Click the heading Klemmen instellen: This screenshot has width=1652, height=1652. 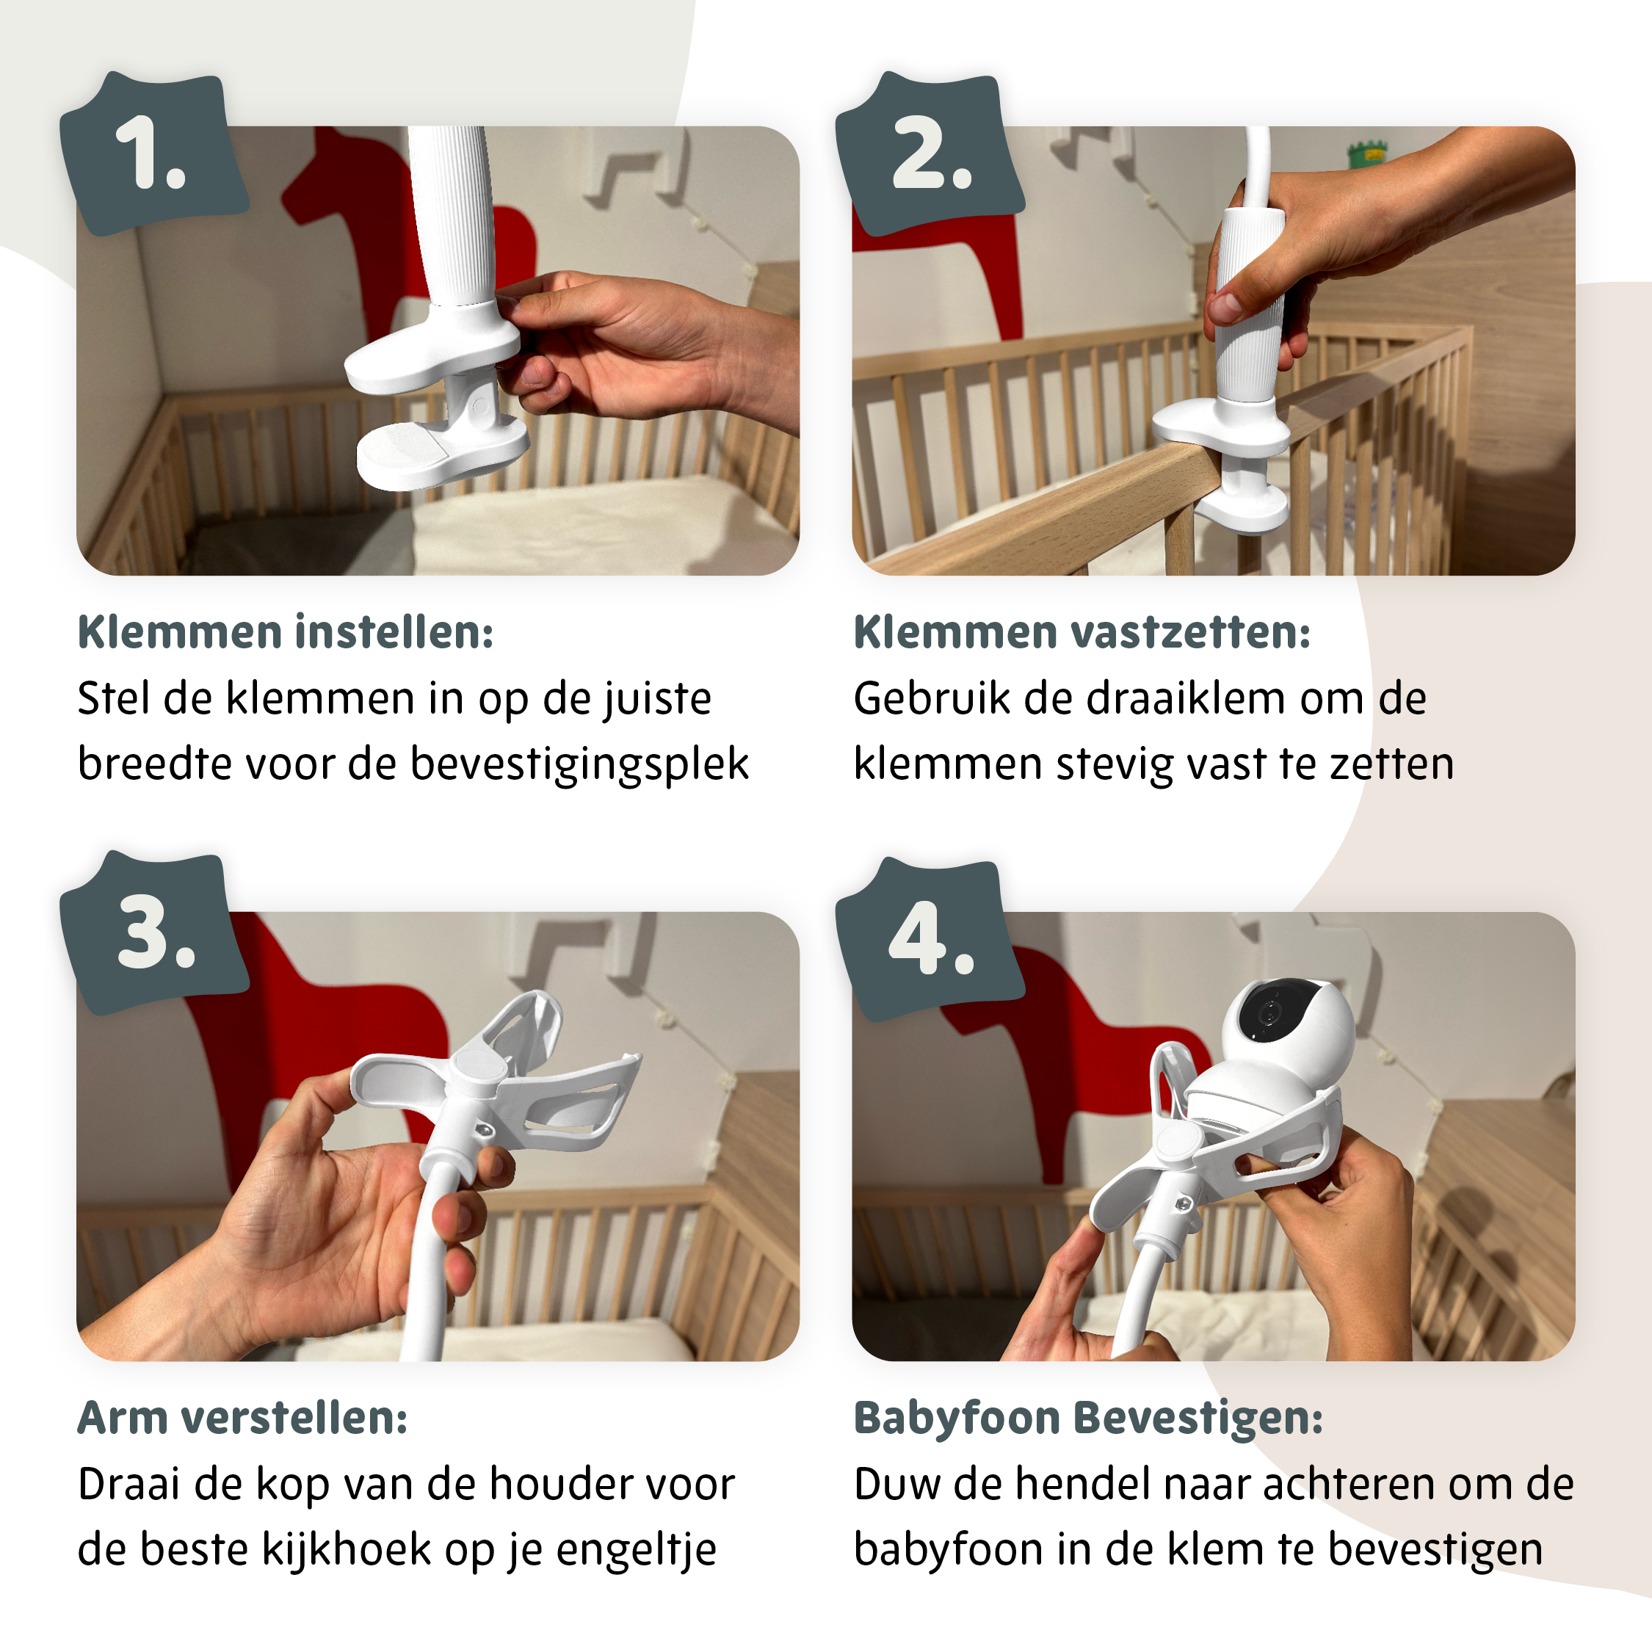pyautogui.click(x=286, y=633)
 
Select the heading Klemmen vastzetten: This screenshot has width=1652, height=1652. pyautogui.click(x=1082, y=633)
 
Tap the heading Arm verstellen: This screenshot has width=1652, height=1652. pyautogui.click(x=243, y=1418)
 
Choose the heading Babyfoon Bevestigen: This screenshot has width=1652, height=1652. pyautogui.click(x=1087, y=1418)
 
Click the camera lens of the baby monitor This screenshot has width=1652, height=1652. pyautogui.click(x=1269, y=1014)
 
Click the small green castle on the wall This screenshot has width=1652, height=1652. pyautogui.click(x=1366, y=154)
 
